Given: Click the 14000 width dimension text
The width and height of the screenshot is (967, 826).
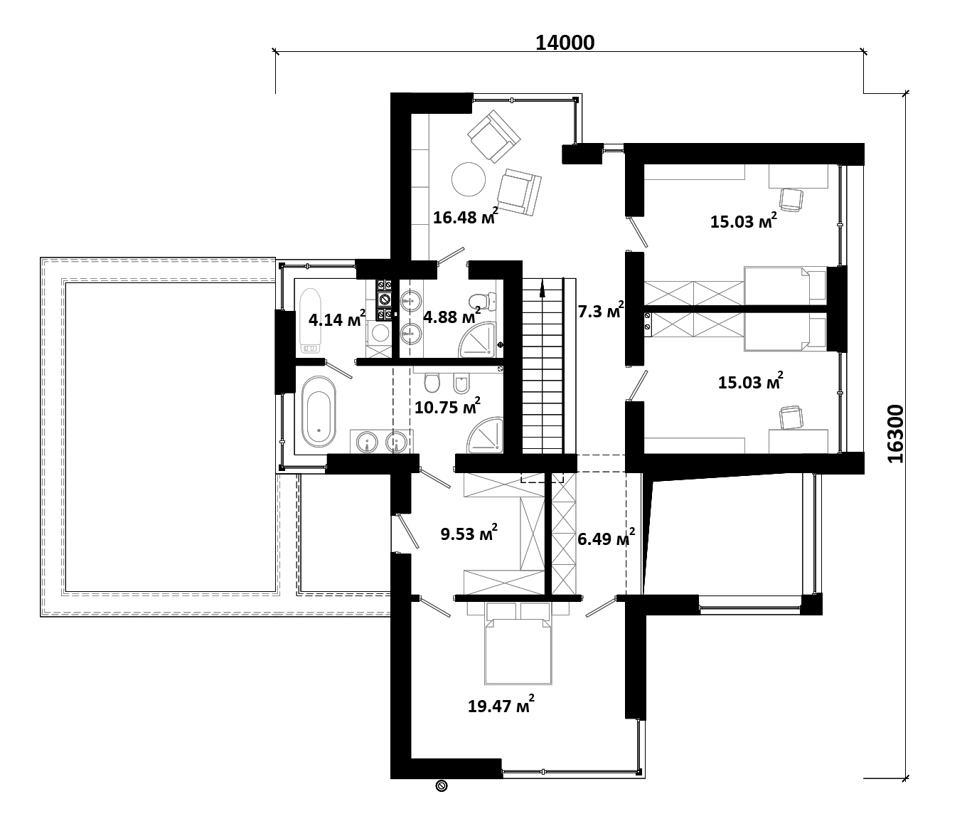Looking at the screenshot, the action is tap(565, 43).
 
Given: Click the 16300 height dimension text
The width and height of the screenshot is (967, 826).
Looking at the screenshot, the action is tap(895, 434).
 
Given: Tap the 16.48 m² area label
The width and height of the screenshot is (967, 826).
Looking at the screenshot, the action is tap(466, 216).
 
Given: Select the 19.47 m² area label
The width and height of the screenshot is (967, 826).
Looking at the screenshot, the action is tap(501, 704).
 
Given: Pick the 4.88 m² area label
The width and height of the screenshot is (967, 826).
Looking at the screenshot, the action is tap(452, 316).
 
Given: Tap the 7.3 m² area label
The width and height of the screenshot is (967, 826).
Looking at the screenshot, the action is tap(601, 309).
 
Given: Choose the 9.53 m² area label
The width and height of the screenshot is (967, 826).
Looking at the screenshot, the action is tap(469, 533).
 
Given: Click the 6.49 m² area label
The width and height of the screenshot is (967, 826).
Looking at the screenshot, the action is tap(607, 538).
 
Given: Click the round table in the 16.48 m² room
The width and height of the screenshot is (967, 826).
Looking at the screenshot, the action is tap(469, 179).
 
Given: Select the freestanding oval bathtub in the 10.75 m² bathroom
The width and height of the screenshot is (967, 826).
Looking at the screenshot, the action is tap(319, 412).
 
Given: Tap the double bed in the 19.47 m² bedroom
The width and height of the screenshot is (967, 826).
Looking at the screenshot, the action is tap(518, 645).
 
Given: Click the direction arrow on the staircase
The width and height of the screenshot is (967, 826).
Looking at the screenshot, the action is tap(543, 289).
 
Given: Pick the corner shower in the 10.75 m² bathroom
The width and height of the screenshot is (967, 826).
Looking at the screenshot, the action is tap(485, 435).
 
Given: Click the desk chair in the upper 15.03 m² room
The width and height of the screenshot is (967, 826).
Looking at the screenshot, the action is tap(791, 200).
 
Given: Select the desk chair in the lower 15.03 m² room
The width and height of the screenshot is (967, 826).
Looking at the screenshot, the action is tap(791, 418).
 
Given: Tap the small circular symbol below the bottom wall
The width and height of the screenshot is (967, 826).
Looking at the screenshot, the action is tap(441, 785).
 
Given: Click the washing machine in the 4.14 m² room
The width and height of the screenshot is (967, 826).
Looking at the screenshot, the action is tap(380, 333).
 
